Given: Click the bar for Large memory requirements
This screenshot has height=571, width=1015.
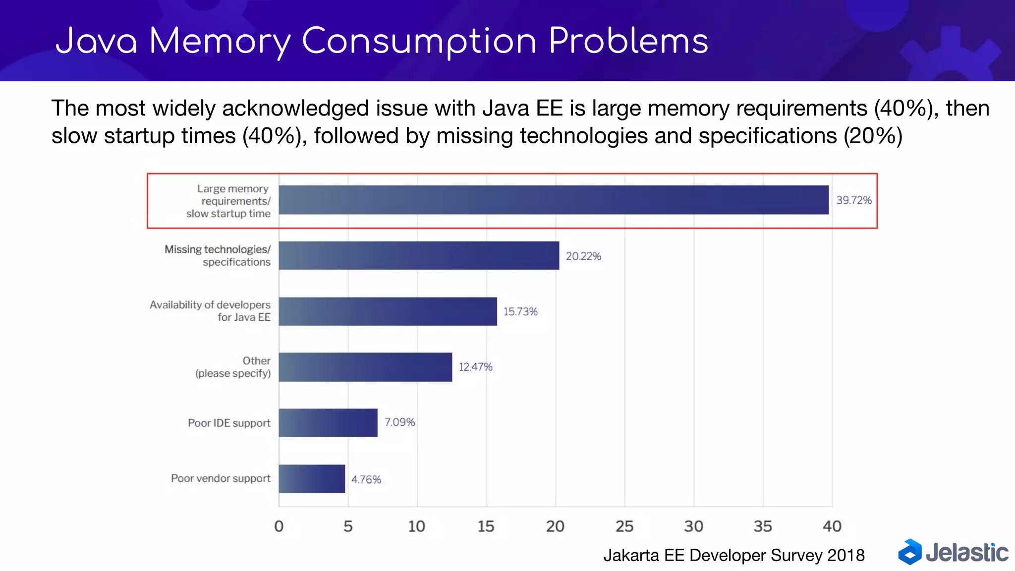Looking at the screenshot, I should click(x=553, y=200).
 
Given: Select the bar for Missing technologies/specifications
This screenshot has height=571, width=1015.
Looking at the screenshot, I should click(x=419, y=256).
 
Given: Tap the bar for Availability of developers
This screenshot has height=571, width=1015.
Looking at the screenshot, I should click(x=388, y=311).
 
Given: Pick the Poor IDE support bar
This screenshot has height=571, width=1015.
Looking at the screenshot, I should click(x=328, y=423).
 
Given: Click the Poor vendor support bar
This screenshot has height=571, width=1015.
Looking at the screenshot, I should click(x=311, y=479).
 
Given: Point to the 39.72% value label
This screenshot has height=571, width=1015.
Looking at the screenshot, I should click(x=853, y=200).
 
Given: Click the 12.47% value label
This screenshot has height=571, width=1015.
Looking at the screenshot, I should click(x=475, y=367).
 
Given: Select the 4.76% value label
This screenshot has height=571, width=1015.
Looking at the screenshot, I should click(x=366, y=479).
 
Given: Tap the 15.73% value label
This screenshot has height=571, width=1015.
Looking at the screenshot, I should click(x=520, y=312).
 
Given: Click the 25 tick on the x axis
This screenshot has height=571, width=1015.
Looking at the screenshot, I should click(x=624, y=526).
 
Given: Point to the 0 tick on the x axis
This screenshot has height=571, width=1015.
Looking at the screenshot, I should click(x=279, y=526).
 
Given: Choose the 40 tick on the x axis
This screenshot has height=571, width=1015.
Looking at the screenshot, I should click(x=832, y=526).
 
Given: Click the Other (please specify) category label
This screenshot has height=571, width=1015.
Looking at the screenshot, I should click(x=233, y=367).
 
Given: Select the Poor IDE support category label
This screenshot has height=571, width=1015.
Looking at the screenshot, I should click(x=229, y=423).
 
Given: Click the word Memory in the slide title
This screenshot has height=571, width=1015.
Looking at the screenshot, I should click(x=220, y=41).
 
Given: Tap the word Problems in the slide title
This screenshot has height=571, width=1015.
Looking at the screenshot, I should click(x=628, y=41).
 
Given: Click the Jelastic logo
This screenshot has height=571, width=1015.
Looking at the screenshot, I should click(x=953, y=552).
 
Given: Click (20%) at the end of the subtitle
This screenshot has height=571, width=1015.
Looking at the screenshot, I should click(x=873, y=136).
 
